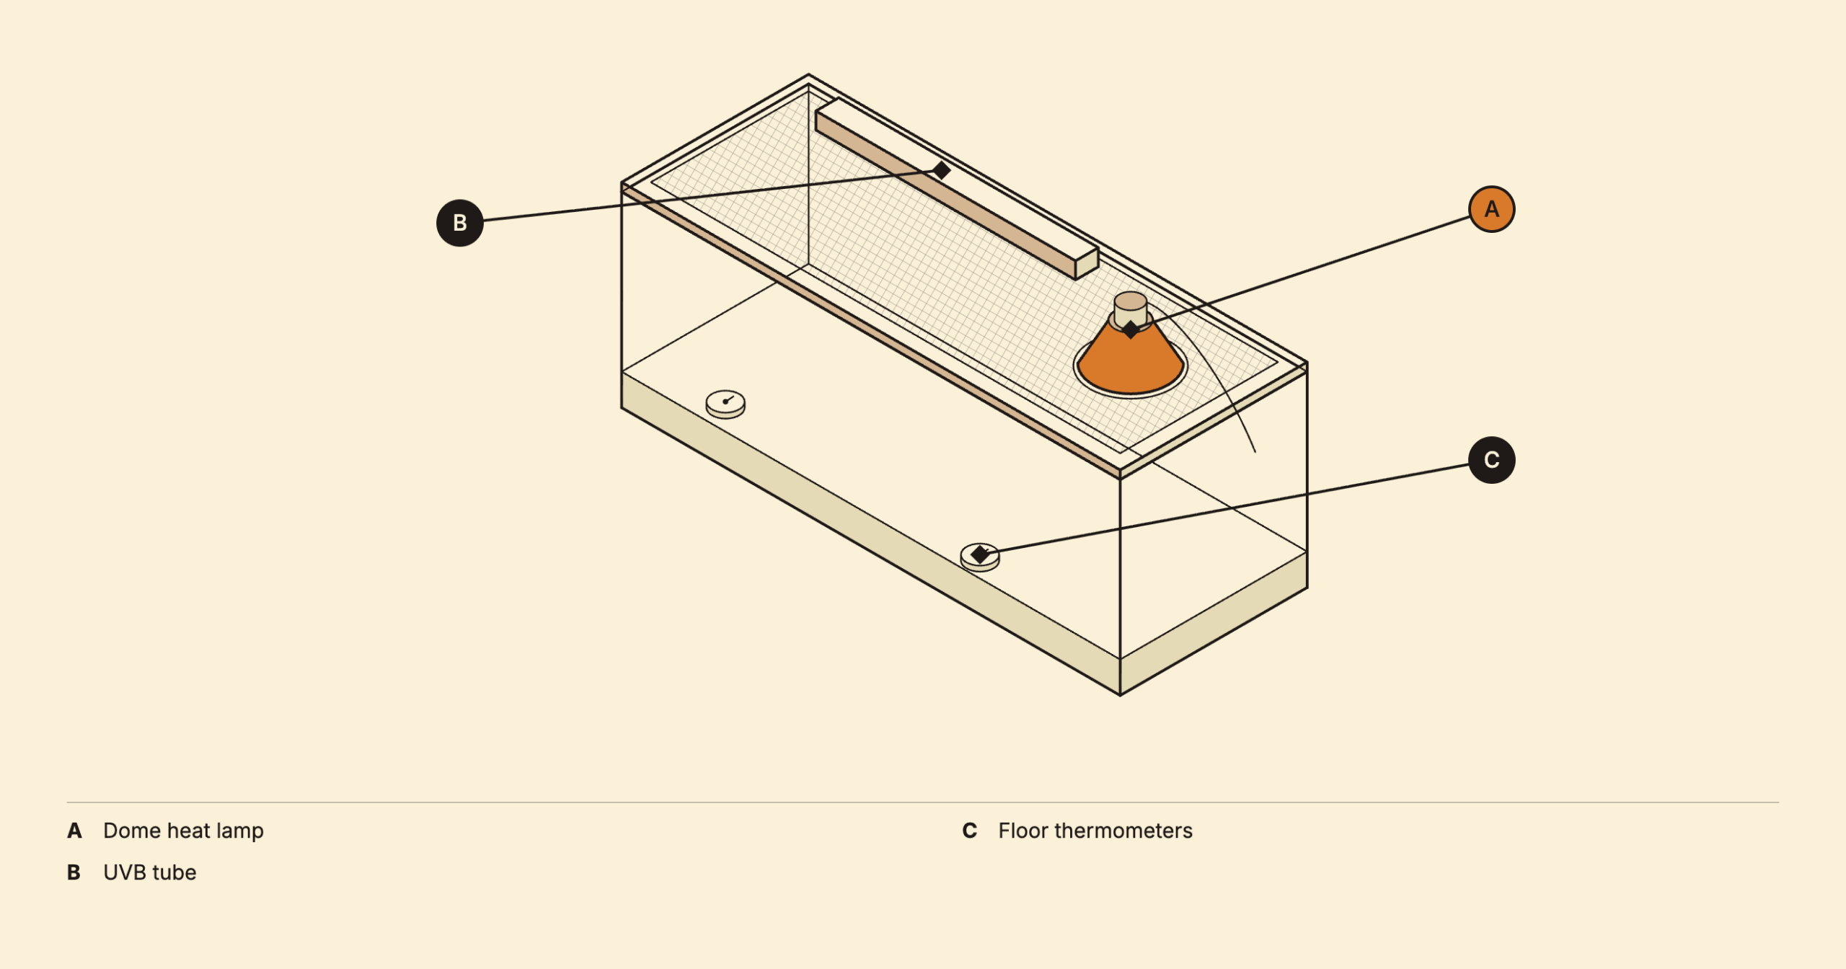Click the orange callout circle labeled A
[1491, 209]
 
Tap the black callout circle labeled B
[460, 223]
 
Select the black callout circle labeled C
[1491, 460]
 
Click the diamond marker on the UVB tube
[941, 170]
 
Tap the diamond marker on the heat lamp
[1131, 329]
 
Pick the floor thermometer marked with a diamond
[980, 557]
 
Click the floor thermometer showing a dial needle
[725, 404]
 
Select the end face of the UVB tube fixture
[1087, 264]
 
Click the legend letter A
[74, 831]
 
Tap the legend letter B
[74, 872]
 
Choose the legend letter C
[970, 831]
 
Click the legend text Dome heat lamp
[184, 831]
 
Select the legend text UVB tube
[150, 872]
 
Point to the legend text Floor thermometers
[1095, 831]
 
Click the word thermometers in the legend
[1123, 831]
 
